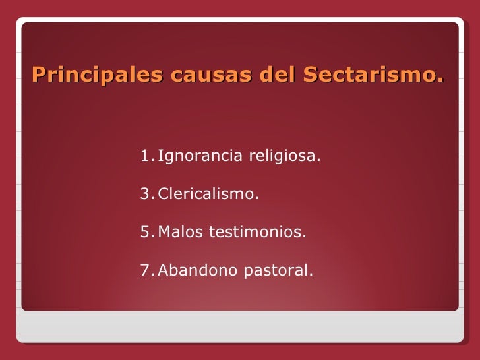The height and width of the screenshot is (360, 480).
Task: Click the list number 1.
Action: pyautogui.click(x=146, y=157)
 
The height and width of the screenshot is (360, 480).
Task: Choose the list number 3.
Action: pyautogui.click(x=146, y=195)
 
